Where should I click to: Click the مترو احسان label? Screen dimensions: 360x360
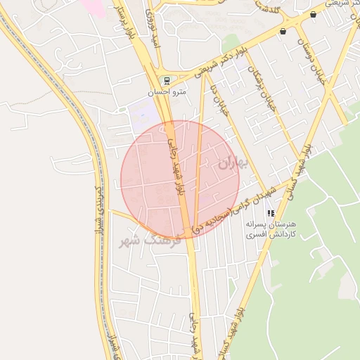pyautogui.click(x=167, y=92)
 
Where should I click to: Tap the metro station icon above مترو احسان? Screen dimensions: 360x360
pyautogui.click(x=167, y=80)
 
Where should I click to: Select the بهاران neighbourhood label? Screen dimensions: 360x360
pyautogui.click(x=233, y=163)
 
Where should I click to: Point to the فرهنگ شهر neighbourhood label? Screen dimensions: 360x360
pyautogui.click(x=149, y=241)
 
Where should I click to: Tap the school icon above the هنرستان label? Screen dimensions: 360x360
pyautogui.click(x=271, y=212)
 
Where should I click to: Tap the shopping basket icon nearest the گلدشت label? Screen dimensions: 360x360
pyautogui.click(x=283, y=31)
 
